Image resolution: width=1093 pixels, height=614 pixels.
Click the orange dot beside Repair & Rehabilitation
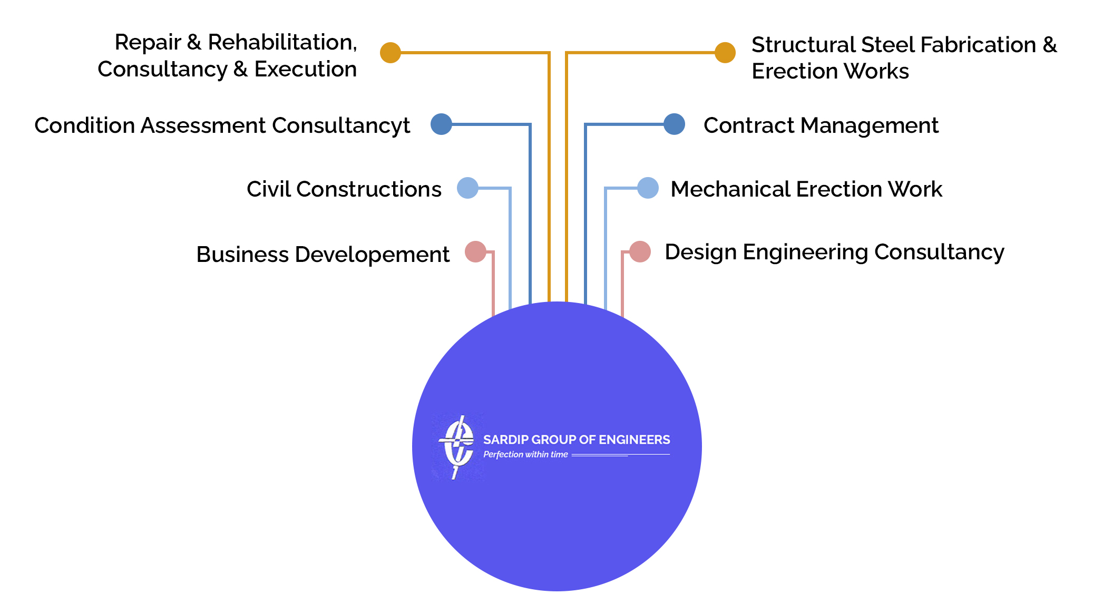pos(391,53)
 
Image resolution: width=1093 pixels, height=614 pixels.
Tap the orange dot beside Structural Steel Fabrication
pos(725,53)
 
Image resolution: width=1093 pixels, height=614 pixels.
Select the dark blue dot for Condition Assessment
pos(441,124)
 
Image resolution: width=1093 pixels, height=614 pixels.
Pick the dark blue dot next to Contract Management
pos(674,124)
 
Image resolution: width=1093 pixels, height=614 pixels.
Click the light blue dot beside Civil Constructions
pos(467,188)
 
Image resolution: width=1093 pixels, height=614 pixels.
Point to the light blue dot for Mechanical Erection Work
pos(648,188)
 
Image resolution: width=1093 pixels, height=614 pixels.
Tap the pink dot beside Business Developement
pos(475,252)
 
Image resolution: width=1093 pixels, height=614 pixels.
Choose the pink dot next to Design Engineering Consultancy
pos(640,252)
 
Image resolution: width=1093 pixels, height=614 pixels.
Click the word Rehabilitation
pos(282,42)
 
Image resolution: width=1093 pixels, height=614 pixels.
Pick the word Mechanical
pos(730,189)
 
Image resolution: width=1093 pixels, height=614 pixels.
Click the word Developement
pos(372,255)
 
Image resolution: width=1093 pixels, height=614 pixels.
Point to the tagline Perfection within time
pos(525,454)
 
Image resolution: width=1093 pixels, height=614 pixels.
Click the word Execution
pos(306,69)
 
